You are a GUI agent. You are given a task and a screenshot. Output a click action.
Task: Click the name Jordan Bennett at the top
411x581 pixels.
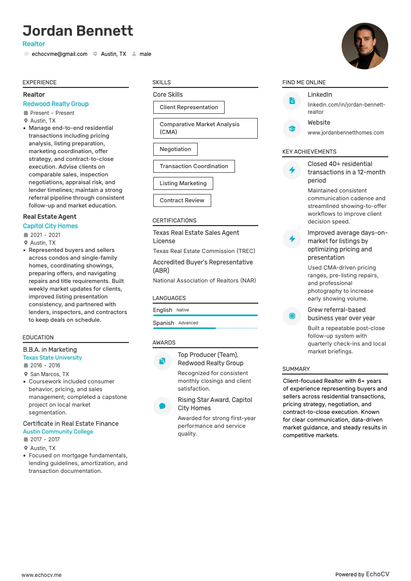click(78, 31)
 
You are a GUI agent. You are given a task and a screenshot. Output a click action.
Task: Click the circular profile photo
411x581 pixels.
click(364, 46)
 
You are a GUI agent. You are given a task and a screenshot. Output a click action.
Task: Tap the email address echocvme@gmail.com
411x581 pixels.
click(60, 54)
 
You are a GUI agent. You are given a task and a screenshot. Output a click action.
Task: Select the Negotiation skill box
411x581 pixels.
click(175, 149)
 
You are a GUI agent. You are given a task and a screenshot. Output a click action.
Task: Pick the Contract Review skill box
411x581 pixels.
click(182, 200)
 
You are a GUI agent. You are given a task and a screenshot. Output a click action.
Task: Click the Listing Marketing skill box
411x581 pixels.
click(183, 183)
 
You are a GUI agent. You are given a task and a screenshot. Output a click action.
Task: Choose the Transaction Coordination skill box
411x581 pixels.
click(194, 166)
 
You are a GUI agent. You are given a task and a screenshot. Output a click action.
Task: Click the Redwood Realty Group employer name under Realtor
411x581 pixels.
click(56, 104)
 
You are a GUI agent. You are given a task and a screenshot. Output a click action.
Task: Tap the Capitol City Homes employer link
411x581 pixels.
click(50, 226)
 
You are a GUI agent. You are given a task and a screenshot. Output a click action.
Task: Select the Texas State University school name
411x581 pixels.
click(52, 357)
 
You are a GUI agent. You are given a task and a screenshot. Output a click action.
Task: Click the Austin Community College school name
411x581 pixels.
click(58, 431)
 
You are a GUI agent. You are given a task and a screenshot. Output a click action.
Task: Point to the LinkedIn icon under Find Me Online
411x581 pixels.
click(292, 101)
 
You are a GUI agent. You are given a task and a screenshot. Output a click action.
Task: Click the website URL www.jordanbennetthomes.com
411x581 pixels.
click(346, 132)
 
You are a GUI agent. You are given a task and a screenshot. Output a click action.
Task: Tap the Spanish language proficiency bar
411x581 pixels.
click(205, 328)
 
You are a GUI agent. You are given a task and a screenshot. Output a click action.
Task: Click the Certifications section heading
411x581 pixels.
click(174, 220)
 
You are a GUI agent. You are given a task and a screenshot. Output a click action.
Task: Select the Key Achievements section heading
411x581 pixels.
click(309, 152)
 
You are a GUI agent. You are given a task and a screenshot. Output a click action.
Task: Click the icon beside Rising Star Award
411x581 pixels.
click(162, 406)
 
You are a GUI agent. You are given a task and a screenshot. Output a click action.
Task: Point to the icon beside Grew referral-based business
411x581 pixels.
click(292, 316)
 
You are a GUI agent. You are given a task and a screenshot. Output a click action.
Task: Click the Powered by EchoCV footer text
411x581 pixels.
click(362, 574)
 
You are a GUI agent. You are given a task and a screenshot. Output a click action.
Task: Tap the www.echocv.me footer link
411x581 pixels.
click(41, 575)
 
